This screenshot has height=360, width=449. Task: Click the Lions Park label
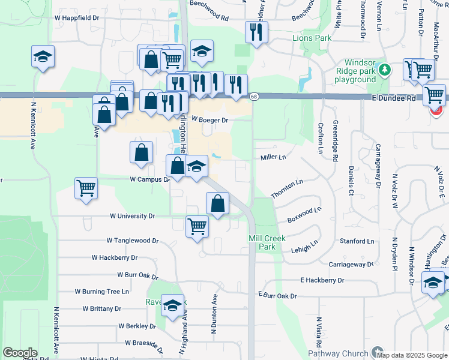coord(312,38)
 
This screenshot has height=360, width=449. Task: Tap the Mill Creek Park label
coord(262,242)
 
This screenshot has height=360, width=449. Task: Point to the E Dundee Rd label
coord(394,98)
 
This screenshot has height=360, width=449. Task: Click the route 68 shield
coord(255,97)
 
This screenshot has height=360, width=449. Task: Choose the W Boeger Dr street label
coord(210,120)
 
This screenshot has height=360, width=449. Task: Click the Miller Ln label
coord(273,157)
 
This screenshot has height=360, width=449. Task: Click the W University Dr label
coord(132,216)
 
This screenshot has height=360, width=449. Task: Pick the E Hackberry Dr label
coord(323,280)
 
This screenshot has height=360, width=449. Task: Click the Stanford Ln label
coord(357,241)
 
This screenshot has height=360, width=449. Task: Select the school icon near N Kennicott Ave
coord(43,56)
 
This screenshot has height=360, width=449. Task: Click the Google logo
coord(20,353)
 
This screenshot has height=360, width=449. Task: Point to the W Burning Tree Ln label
coord(101,292)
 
